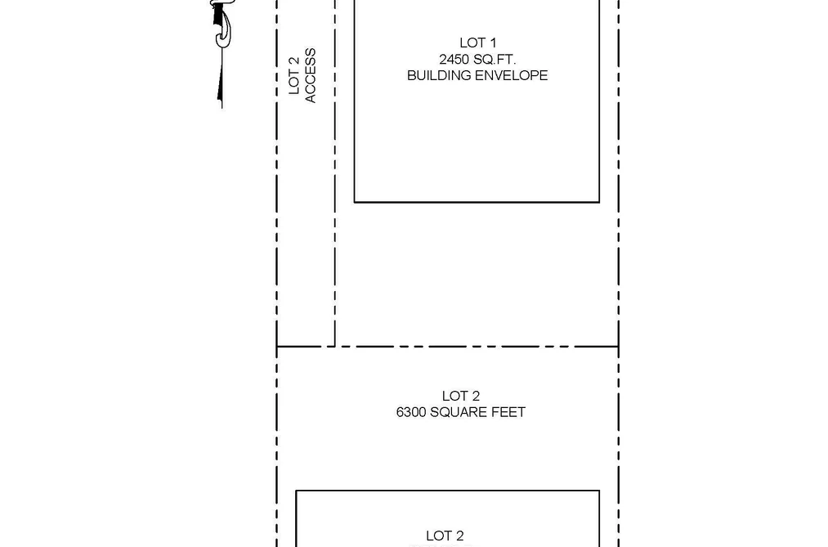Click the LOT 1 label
(x=477, y=43)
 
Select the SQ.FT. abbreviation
(x=494, y=59)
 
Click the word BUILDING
(x=439, y=75)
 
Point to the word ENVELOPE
(x=511, y=75)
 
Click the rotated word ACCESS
(x=311, y=75)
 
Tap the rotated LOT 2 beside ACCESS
(x=294, y=75)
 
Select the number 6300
(x=411, y=412)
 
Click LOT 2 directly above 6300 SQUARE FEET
(x=460, y=396)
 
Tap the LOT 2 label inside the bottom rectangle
(x=445, y=536)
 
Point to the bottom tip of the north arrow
(x=222, y=108)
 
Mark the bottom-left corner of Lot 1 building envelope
(x=354, y=202)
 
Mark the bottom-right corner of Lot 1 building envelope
(x=599, y=202)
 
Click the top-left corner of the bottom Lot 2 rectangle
(x=296, y=491)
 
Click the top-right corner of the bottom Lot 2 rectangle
(x=599, y=491)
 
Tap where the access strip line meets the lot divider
(x=335, y=347)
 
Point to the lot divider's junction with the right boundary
(x=619, y=347)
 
